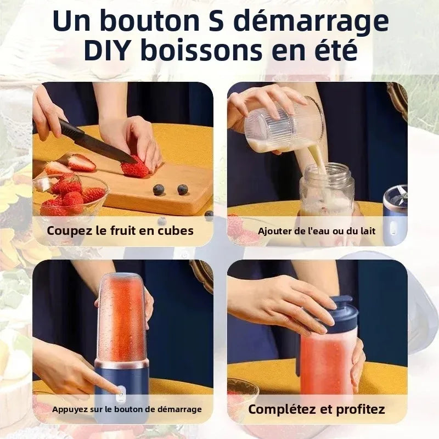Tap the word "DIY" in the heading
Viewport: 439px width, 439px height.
click(110, 50)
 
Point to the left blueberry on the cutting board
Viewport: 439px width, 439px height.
click(159, 190)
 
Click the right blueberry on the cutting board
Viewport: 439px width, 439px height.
click(182, 189)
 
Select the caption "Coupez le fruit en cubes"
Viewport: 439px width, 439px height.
click(120, 230)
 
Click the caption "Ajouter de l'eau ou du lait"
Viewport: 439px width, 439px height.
click(317, 231)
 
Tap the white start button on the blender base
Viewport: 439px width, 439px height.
click(120, 391)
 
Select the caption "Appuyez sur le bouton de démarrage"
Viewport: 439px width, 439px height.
click(127, 409)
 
